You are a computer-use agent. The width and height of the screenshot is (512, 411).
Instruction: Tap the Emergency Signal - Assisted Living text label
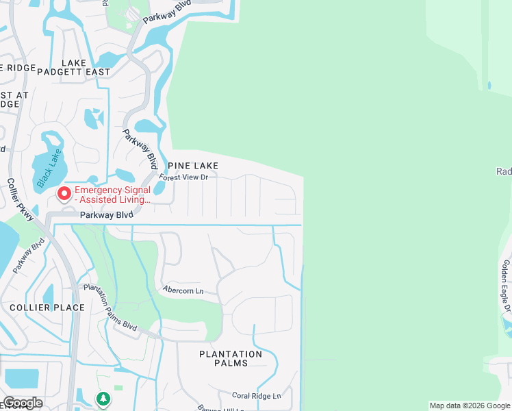tap(113, 195)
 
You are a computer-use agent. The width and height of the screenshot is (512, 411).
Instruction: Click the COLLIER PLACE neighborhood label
tap(47, 308)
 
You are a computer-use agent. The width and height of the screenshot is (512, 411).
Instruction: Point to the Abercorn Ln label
tap(183, 290)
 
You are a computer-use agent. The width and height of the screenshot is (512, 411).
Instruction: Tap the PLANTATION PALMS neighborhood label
tap(231, 358)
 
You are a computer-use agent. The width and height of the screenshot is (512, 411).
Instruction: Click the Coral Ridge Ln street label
tap(257, 396)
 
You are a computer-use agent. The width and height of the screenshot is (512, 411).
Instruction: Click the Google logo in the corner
tap(22, 403)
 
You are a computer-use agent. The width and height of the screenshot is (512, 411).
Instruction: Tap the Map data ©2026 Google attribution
tap(469, 406)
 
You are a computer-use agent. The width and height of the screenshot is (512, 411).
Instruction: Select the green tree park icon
tap(103, 398)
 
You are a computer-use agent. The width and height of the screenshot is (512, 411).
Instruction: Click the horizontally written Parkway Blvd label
tap(105, 215)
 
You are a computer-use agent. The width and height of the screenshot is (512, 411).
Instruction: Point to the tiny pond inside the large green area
tap(489, 86)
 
